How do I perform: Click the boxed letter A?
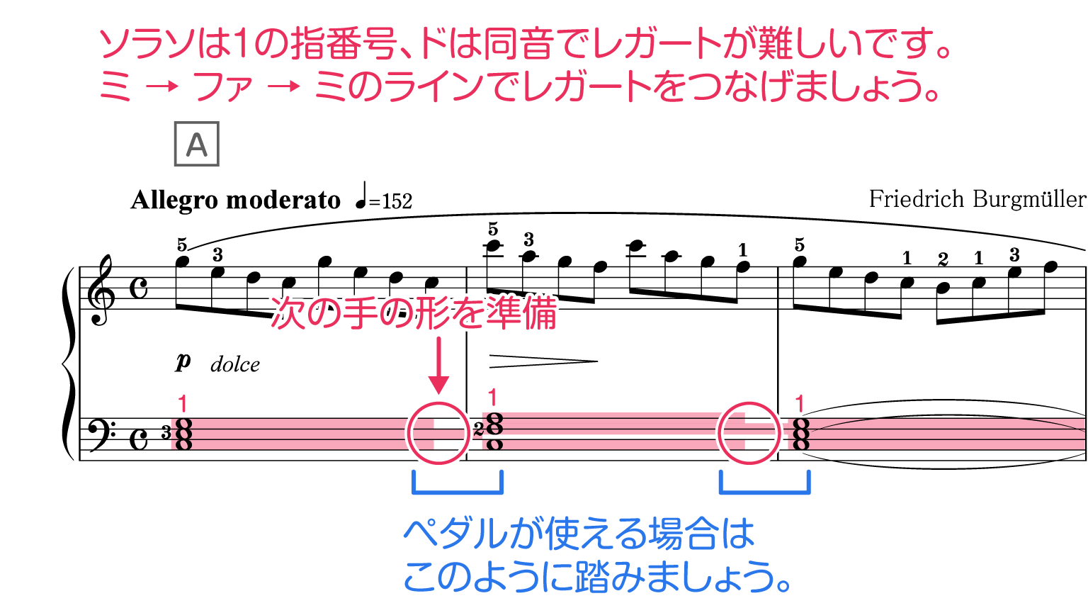point(196,144)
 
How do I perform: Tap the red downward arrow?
point(439,366)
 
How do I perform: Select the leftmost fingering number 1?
point(183,404)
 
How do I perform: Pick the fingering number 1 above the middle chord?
point(493,398)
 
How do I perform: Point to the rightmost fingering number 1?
point(800,404)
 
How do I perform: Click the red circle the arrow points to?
point(438,432)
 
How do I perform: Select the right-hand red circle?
point(749,432)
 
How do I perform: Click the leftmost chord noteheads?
point(183,434)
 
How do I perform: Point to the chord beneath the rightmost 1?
point(801,434)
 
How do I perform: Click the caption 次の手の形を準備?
point(414,313)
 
